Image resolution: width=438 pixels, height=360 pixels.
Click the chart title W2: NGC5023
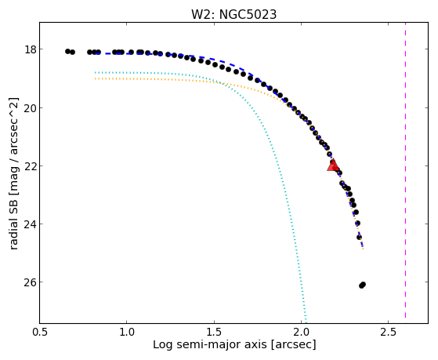pos(233,14)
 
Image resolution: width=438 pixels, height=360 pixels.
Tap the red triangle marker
pos(333,165)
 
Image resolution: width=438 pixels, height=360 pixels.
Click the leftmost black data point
pos(67,51)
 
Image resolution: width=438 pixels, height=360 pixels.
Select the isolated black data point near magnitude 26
pos(362,285)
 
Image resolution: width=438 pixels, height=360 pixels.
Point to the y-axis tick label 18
pos(31,49)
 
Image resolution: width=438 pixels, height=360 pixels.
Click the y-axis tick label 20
pos(31,108)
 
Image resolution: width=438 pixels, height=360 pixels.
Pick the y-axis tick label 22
pos(31,166)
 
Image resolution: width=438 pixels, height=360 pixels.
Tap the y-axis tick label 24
pos(31,224)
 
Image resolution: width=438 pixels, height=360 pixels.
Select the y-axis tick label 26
pos(31,282)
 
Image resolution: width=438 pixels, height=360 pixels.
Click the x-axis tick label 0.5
pos(39,332)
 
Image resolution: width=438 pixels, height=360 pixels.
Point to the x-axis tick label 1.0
pos(127,332)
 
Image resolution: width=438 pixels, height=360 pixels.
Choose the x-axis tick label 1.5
pos(214,332)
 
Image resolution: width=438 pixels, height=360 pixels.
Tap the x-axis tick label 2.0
pos(301,332)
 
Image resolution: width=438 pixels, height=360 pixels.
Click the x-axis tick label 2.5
pos(389,332)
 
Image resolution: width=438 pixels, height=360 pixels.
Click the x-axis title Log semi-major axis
pos(209,344)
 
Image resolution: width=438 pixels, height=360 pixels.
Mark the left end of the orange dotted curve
pos(96,78)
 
